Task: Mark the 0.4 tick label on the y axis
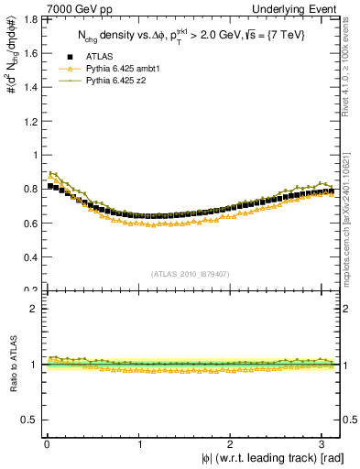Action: coord(28,256)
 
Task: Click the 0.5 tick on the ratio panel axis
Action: coord(28,420)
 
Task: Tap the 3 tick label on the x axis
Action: coord(326,443)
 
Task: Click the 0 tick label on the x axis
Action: coord(46,443)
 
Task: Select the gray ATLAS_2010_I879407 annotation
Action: coord(190,273)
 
